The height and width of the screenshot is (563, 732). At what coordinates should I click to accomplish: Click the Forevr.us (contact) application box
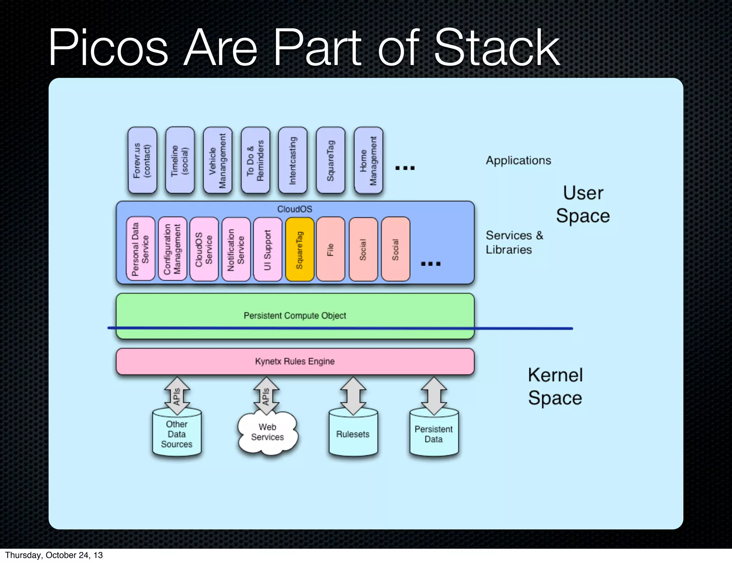point(142,160)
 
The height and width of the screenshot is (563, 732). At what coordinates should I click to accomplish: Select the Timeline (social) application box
point(180,160)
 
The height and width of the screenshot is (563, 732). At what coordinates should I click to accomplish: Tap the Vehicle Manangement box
point(218,160)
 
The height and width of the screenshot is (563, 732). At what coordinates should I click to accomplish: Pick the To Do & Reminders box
point(255,160)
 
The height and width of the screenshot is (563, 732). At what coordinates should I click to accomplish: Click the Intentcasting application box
point(293,160)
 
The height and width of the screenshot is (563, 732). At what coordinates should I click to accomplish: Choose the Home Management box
point(369,160)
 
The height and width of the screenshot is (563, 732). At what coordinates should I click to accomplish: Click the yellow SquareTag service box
point(300,249)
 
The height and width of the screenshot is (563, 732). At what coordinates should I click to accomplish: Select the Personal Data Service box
point(140,249)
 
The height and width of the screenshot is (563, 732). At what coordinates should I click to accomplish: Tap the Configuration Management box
point(172,249)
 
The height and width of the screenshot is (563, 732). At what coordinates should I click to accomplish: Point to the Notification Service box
point(236,249)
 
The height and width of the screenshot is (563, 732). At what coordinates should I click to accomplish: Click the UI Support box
point(267,249)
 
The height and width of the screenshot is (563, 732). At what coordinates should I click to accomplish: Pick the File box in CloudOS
point(331,249)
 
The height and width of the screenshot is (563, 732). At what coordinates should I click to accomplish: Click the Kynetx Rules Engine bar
point(295,362)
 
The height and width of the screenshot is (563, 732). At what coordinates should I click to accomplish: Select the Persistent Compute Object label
point(295,316)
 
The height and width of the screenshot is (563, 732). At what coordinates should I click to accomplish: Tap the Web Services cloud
point(267,433)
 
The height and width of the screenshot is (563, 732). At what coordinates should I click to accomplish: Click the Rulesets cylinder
point(353,434)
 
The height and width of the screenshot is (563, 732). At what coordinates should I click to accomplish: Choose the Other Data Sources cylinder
point(177,434)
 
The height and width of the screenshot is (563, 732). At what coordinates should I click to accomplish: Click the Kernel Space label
point(555,387)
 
